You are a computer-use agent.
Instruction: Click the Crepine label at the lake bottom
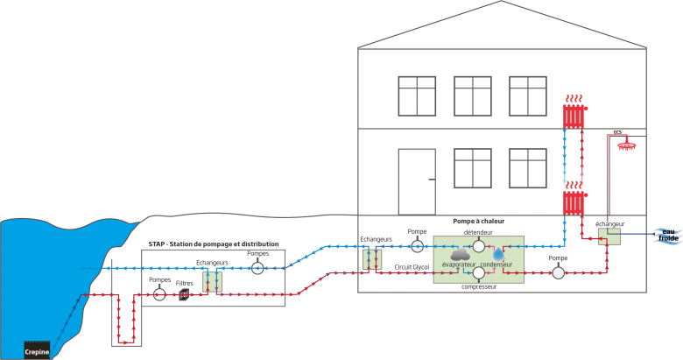[37, 351]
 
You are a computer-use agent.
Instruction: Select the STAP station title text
[214, 244]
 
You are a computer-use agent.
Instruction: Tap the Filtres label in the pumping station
[185, 283]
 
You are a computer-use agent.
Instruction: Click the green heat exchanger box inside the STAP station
[213, 281]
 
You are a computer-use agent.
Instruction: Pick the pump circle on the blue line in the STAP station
[257, 268]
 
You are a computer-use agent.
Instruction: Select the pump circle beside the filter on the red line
[159, 295]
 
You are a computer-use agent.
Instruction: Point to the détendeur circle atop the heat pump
[479, 246]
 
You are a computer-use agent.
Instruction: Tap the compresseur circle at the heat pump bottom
[479, 273]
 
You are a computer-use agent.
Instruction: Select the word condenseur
[496, 265]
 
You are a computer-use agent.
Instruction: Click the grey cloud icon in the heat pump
[461, 254]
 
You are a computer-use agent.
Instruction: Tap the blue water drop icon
[498, 253]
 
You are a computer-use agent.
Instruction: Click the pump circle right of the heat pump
[559, 273]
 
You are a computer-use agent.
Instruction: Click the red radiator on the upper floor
[574, 115]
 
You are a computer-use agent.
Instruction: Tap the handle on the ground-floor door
[431, 179]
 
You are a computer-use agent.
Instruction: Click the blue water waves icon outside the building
[668, 234]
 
